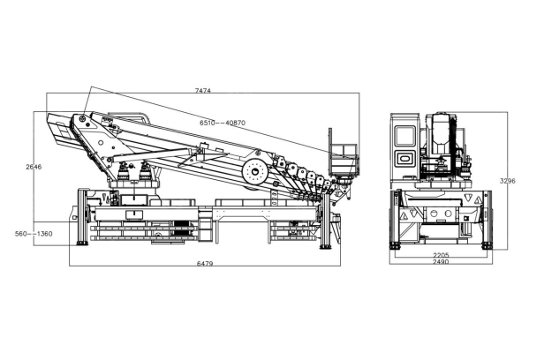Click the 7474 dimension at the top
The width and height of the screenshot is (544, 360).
point(203,90)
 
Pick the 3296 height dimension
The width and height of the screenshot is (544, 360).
point(507,181)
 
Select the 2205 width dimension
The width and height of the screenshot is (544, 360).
point(441,255)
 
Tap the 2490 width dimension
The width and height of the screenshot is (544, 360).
point(441,263)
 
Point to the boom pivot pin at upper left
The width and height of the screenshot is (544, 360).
point(82,119)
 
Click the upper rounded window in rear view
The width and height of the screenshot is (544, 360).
point(405,136)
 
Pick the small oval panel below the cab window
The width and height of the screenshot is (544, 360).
point(405,158)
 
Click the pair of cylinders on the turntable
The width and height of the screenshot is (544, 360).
point(131,174)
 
